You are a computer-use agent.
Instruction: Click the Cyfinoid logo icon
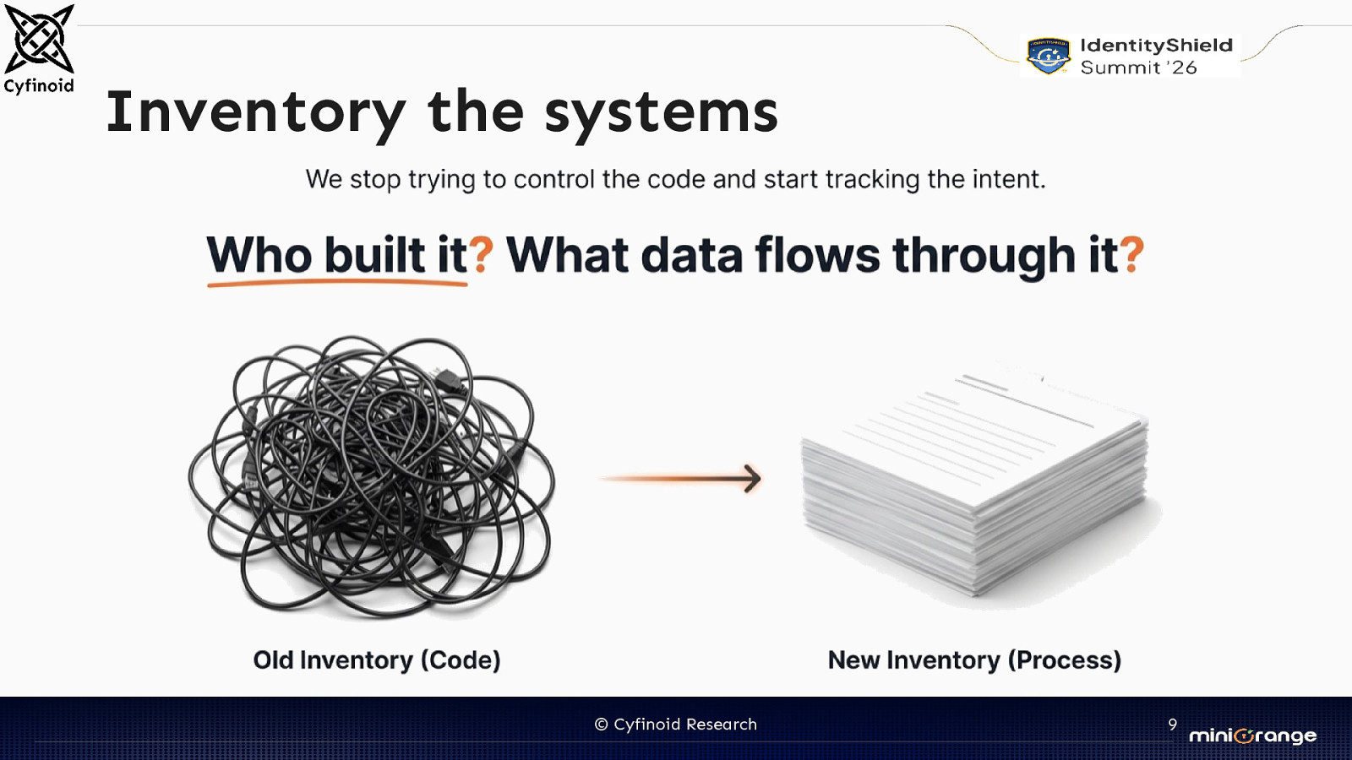[39, 38]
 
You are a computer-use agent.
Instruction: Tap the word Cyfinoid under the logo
[39, 85]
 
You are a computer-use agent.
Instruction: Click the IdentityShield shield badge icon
[1048, 56]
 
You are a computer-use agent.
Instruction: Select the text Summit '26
[1138, 68]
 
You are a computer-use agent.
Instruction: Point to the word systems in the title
[661, 112]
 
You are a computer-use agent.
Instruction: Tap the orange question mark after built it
[481, 254]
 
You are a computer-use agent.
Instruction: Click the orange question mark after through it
[1132, 254]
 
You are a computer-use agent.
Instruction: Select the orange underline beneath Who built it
[337, 284]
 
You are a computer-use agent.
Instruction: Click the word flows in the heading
[817, 254]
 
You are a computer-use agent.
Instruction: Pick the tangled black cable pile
[372, 477]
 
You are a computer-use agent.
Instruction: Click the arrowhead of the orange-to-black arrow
[752, 478]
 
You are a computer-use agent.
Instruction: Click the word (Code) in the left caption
[461, 660]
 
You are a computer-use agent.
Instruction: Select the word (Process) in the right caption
[1065, 660]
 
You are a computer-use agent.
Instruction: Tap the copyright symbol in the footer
[601, 725]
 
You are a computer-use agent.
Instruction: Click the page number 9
[1172, 725]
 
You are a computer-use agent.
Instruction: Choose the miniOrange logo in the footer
[1252, 736]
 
